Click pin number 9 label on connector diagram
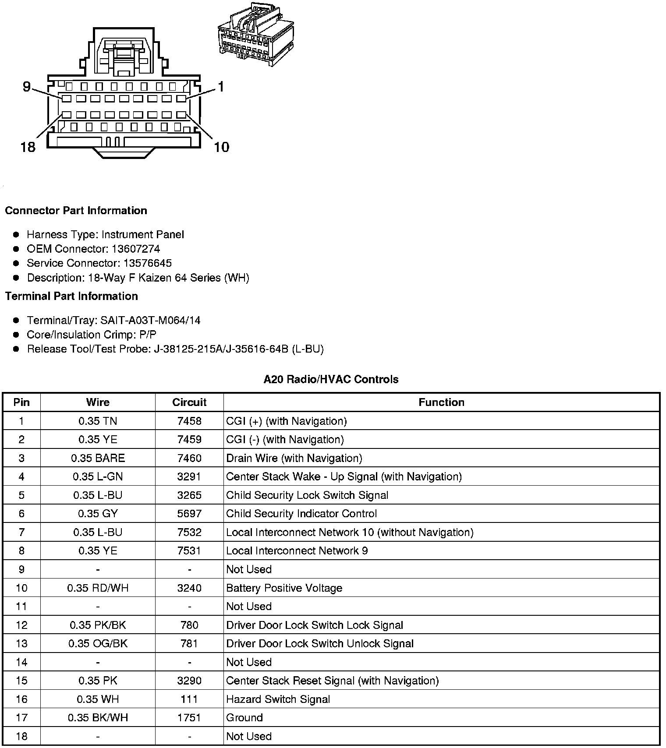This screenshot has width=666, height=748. (x=27, y=87)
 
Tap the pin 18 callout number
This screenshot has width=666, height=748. (x=28, y=147)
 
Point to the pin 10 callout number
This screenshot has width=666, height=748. (x=221, y=147)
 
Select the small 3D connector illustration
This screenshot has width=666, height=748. (x=255, y=35)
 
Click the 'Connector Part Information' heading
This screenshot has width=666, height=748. (x=76, y=211)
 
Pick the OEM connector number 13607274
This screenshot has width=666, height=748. (x=136, y=249)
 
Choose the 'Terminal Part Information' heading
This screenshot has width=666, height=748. (x=71, y=296)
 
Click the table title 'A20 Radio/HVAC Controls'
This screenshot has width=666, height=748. (x=331, y=379)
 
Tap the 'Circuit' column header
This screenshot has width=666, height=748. (x=189, y=402)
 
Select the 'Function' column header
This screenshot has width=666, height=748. (x=441, y=402)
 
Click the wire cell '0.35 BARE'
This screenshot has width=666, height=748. (x=98, y=458)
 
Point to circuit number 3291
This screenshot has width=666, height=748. (x=189, y=476)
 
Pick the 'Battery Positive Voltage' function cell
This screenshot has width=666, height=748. (x=284, y=588)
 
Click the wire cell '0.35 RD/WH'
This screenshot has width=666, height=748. (x=98, y=588)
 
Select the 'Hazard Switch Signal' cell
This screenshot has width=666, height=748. (x=278, y=699)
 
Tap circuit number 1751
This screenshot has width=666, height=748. (x=189, y=718)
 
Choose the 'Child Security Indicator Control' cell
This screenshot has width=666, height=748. (x=301, y=514)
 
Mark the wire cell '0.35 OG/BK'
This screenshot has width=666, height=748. (x=98, y=643)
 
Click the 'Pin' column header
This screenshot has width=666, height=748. (x=21, y=402)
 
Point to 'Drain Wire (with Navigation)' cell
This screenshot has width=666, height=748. (x=294, y=458)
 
